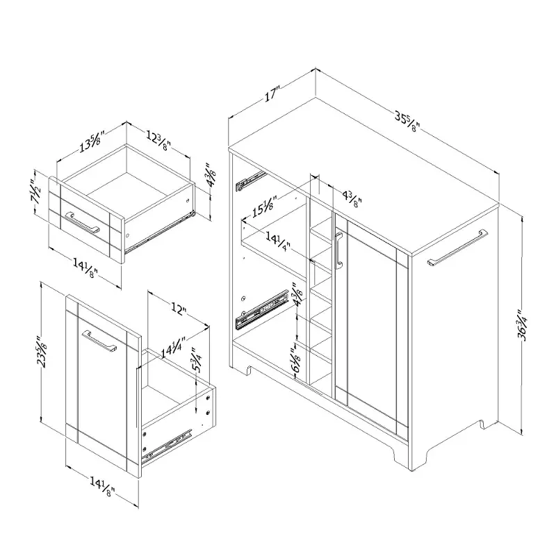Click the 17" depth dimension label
tap(272, 93)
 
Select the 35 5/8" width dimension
tap(407, 121)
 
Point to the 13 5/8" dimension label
tap(90, 142)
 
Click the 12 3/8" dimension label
tap(159, 140)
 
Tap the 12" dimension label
tap(179, 309)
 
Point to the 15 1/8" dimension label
tap(265, 206)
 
